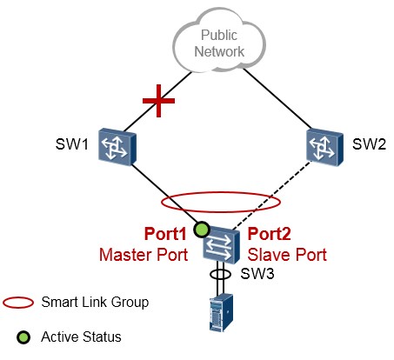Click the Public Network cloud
pos(219,41)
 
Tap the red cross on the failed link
pos(158,101)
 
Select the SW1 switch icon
pos(117,147)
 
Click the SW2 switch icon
pos(324,147)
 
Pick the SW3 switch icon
pos(222,245)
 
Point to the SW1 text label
pos(72,144)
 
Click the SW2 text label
pos(369,144)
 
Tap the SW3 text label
pos(257,273)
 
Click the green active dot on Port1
pos(202,230)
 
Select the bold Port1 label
pos(165,234)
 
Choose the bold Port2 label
pos(270,234)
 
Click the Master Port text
pos(144,255)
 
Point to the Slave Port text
pos(287,255)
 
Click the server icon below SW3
pos(221,312)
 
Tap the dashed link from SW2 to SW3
pos(272,195)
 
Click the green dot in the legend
pos(23,337)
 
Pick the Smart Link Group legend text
pos(95,303)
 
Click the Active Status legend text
pos(81,337)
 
